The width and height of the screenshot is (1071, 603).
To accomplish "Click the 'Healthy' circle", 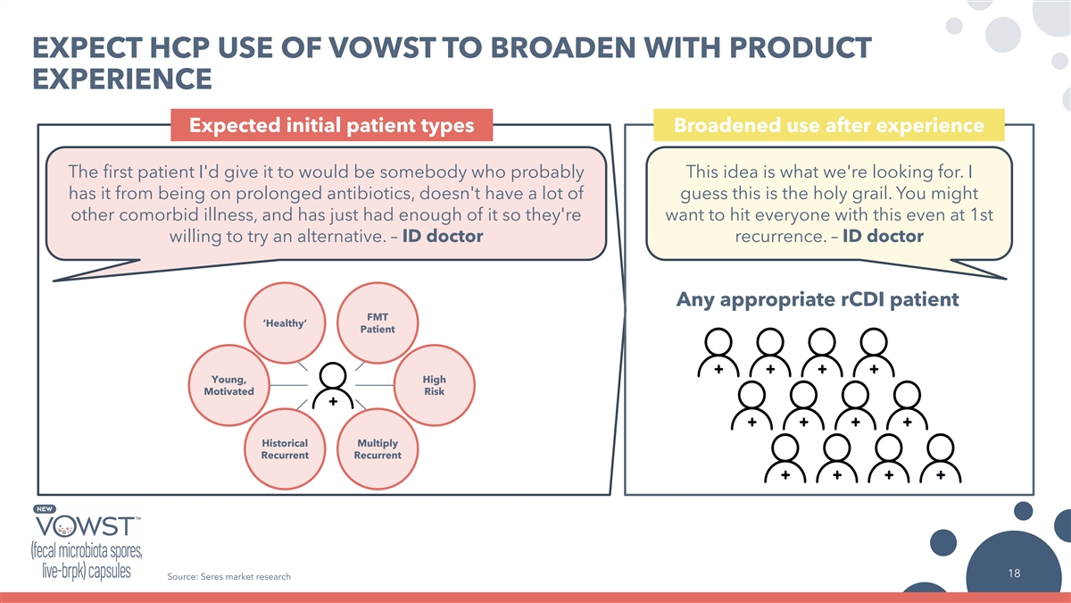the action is [285, 323].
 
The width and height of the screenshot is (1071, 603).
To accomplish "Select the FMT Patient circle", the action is [378, 323].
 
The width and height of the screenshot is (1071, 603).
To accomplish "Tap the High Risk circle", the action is [434, 385].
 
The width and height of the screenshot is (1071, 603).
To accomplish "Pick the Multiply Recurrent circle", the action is [378, 448].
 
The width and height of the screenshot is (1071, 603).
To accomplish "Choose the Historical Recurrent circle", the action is [285, 448].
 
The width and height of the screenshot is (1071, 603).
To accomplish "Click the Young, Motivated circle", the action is [229, 385].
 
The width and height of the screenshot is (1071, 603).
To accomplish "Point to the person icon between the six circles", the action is [333, 386].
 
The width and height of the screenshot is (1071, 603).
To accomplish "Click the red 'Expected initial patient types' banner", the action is [332, 125].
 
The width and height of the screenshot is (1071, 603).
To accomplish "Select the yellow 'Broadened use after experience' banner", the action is [829, 125].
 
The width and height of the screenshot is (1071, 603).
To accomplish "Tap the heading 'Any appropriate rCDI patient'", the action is [818, 299].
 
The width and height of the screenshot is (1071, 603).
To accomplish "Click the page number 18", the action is [1014, 573].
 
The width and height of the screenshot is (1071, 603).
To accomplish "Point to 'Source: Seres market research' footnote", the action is [229, 577].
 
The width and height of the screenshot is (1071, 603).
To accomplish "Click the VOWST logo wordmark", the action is [86, 526].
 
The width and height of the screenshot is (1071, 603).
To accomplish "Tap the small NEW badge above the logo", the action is [45, 508].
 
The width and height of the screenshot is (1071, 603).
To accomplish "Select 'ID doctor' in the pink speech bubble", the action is [443, 236].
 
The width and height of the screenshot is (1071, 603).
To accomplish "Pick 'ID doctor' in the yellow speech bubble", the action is [883, 236].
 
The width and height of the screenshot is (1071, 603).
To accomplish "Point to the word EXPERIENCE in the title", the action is [122, 79].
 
